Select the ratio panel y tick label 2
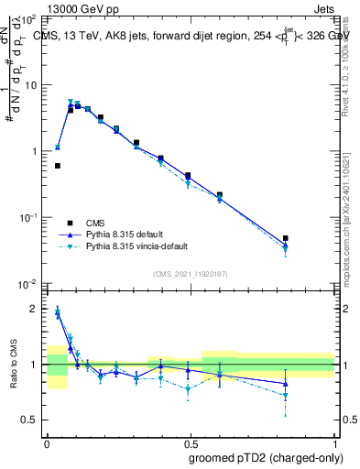click(35, 310)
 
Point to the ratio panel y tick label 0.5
click(30, 420)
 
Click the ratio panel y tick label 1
click(35, 365)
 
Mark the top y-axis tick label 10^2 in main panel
click(28, 19)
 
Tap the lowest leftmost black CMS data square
click(58, 166)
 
